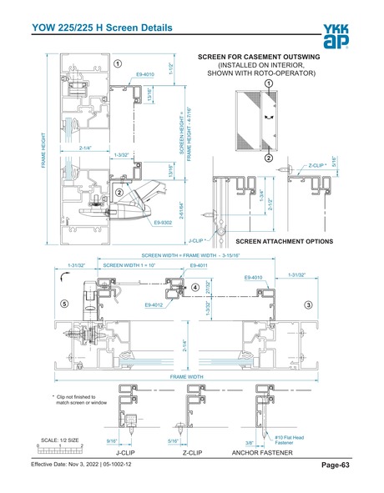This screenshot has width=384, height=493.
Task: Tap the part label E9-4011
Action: [199, 265]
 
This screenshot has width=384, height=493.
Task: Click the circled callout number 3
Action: [308, 304]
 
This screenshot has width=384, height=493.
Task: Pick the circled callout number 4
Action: [195, 287]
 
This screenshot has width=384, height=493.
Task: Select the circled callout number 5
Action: [64, 304]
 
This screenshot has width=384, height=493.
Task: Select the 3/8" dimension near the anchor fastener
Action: [249, 443]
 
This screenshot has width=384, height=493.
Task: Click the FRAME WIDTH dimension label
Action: [187, 376]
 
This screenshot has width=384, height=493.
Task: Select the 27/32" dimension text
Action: [208, 287]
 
